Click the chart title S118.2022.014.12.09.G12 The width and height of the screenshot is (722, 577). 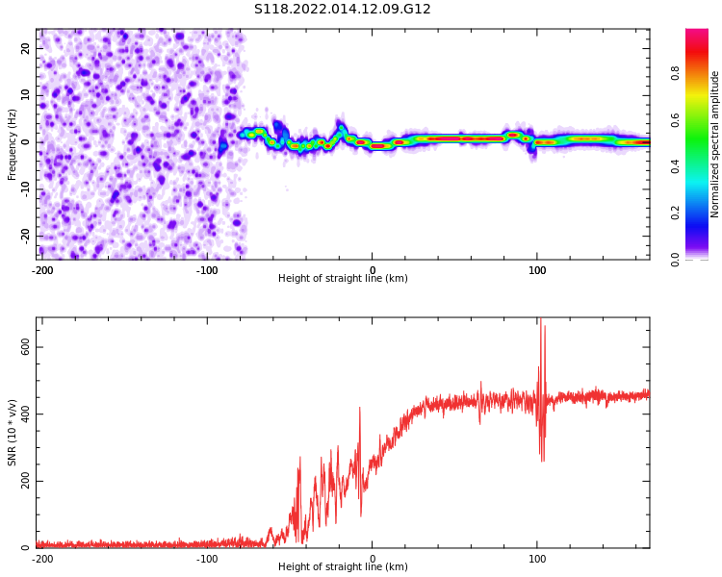(343, 9)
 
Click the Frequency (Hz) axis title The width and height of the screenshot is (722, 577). (13, 144)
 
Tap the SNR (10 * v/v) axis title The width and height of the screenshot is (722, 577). (13, 433)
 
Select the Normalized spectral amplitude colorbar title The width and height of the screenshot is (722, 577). (715, 144)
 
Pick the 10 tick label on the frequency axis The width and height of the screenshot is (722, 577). (26, 95)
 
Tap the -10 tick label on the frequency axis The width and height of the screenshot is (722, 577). (24, 188)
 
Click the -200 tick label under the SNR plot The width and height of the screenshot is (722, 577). (42, 559)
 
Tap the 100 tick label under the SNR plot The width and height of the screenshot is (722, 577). (537, 559)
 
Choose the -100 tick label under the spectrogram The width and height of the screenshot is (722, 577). (207, 270)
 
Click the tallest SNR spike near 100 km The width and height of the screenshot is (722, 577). (540, 320)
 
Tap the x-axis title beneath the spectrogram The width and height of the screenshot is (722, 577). (343, 279)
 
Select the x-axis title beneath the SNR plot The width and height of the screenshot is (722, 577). (343, 567)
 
